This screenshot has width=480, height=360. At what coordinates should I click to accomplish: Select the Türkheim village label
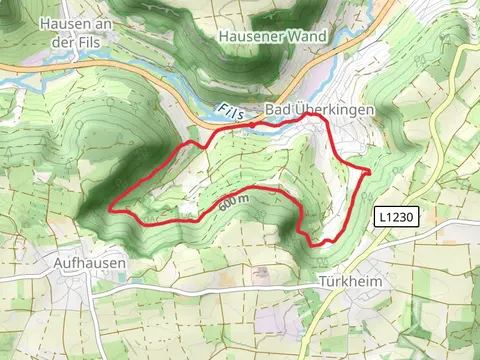(349, 282)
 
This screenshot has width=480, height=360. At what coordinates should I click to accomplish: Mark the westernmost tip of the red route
(109, 209)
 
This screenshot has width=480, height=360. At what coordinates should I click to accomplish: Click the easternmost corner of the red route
(370, 172)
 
